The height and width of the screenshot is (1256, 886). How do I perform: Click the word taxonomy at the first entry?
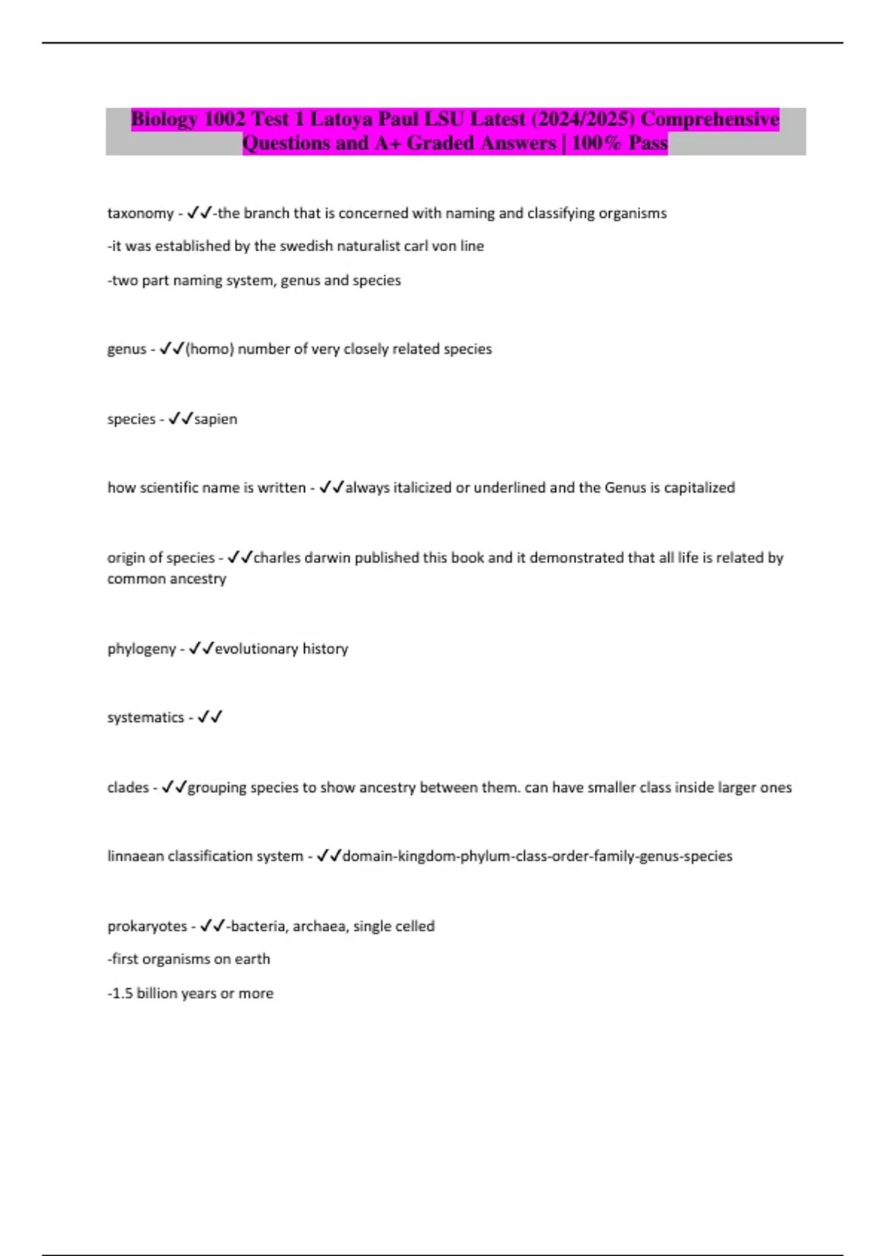(140, 214)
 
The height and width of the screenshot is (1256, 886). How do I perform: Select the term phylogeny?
(142, 649)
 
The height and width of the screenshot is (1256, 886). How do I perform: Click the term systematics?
(145, 717)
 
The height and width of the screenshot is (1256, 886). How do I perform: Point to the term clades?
(128, 788)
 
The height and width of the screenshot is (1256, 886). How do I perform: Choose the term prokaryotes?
(147, 926)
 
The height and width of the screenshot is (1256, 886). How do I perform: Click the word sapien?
(216, 419)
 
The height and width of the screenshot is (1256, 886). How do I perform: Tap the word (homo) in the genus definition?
(210, 349)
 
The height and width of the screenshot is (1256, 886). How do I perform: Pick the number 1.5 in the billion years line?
(122, 994)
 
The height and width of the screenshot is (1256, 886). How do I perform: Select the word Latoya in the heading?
(341, 119)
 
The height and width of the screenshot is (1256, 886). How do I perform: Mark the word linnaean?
(137, 856)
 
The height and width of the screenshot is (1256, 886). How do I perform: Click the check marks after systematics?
(210, 717)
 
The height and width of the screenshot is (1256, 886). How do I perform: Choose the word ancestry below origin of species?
(198, 578)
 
